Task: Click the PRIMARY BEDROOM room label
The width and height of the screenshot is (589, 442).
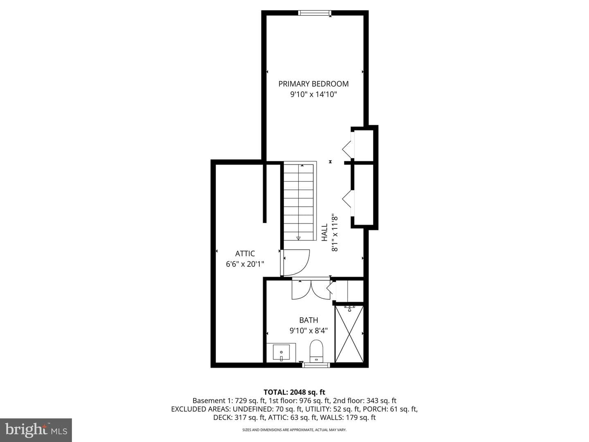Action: pos(313,84)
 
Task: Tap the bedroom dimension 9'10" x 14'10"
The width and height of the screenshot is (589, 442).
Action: pos(313,95)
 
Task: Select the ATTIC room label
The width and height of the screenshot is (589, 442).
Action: pos(245,254)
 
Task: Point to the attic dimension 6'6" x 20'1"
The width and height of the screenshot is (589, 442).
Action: pos(245,264)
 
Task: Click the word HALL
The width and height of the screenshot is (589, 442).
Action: pos(325,232)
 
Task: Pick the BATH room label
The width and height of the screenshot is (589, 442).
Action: pos(308,320)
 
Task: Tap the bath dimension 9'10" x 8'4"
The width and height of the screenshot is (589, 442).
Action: pos(308,331)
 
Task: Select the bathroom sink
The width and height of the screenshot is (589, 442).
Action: pos(281,353)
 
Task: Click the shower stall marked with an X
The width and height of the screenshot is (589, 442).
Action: pos(349,334)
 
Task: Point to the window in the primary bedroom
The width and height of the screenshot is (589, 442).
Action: pos(315,13)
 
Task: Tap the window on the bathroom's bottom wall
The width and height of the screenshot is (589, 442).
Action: pos(316,365)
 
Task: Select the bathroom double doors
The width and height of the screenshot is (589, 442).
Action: pos(311,290)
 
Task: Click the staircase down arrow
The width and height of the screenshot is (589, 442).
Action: pos(299,238)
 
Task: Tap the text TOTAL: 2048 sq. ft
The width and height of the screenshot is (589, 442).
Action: pos(294,392)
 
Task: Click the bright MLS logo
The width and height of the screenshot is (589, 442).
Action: pos(36,430)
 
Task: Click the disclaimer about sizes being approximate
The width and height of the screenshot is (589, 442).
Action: pos(294,430)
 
